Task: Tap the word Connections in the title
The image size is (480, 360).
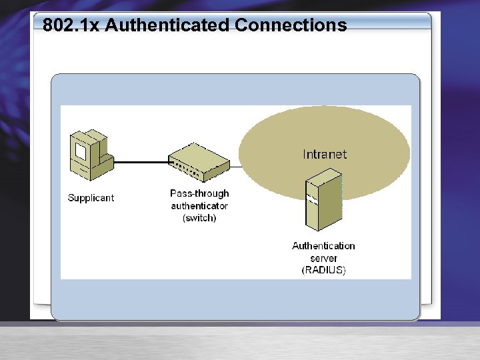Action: [291, 26]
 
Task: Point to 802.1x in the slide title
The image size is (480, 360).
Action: [71, 26]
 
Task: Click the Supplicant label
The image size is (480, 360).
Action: [91, 198]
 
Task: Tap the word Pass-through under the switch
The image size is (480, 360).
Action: [199, 193]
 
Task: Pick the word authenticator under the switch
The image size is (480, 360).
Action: [199, 205]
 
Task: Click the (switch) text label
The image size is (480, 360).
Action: [199, 217]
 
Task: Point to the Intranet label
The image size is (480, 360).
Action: [325, 154]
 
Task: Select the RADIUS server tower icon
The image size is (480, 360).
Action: [323, 201]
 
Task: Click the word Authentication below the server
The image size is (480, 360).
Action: [323, 246]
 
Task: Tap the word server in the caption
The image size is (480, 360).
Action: [323, 258]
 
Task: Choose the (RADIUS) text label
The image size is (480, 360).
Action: [323, 270]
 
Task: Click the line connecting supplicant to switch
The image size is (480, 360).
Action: [141, 162]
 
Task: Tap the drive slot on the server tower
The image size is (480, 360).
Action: [311, 198]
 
